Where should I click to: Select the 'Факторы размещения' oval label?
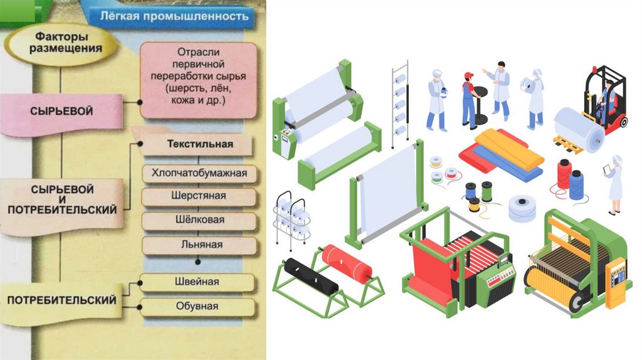click(60, 42)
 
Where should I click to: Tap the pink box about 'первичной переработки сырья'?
click(198, 80)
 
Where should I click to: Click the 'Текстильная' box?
click(199, 144)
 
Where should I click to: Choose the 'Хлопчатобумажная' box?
click(199, 172)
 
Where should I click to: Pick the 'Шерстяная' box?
click(199, 196)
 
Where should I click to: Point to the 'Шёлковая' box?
click(199, 220)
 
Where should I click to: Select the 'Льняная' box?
click(199, 244)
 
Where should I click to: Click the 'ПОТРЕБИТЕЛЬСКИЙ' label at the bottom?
click(61, 300)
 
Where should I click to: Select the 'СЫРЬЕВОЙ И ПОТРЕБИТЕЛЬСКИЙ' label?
click(61, 199)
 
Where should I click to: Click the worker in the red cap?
click(468, 100)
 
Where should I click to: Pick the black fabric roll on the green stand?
click(311, 277)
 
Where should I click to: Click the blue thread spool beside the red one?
click(576, 184)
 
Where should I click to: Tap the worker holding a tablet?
click(614, 183)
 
